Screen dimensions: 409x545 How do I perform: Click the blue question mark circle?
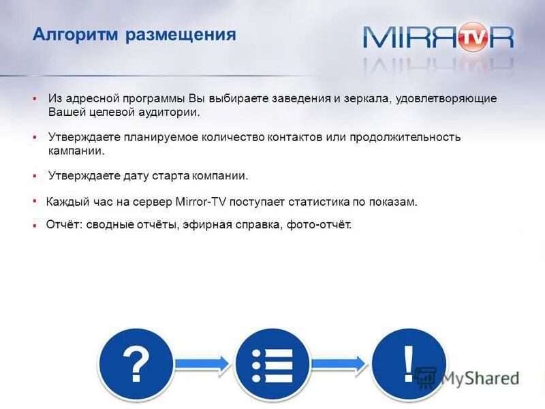[x=136, y=365]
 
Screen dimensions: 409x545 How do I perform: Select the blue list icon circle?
[x=272, y=365]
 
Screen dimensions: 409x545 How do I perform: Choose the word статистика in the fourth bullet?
[x=319, y=202]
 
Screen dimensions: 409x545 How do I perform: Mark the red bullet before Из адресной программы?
[x=34, y=99]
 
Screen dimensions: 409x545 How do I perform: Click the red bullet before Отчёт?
[x=34, y=225]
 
